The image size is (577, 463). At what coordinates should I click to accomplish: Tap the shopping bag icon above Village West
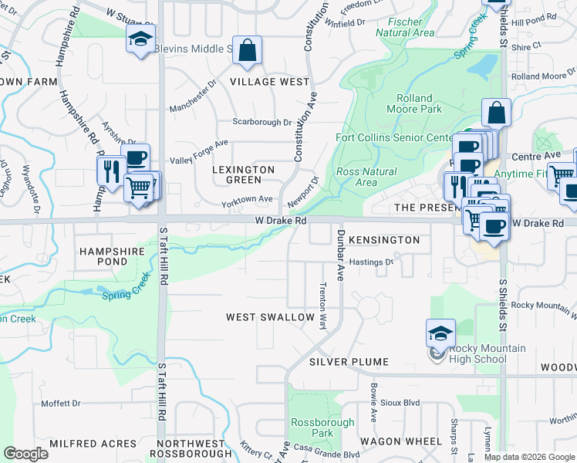coord(247,52)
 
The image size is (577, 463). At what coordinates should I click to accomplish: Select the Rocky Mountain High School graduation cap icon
coord(440,333)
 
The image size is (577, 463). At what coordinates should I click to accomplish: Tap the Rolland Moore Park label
coord(420,103)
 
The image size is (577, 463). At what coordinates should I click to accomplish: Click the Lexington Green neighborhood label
coord(239,174)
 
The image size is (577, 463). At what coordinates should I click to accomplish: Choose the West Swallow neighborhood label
coord(270,317)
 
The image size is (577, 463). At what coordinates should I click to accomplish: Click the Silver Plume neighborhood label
coord(345,362)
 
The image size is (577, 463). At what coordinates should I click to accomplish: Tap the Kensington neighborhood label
coord(384,240)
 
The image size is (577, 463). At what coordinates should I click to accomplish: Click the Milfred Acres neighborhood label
coord(83,444)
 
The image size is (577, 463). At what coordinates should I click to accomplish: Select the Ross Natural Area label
coord(367,177)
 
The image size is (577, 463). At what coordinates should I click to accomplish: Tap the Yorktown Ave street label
coord(248,199)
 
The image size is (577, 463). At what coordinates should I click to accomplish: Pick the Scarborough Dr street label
coord(263,122)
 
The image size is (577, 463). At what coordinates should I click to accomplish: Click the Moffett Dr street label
coord(61,404)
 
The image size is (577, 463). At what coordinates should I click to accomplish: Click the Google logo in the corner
coord(25,454)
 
